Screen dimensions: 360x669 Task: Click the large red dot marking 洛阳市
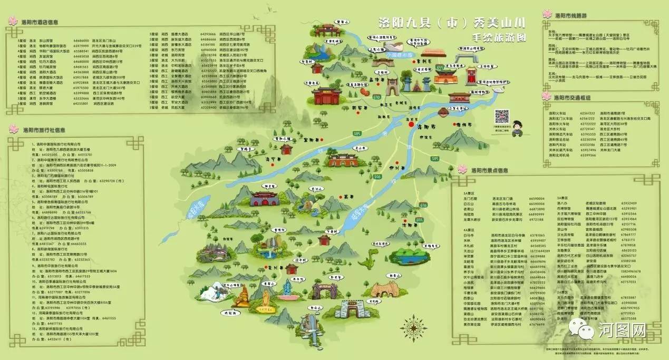[411, 125]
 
